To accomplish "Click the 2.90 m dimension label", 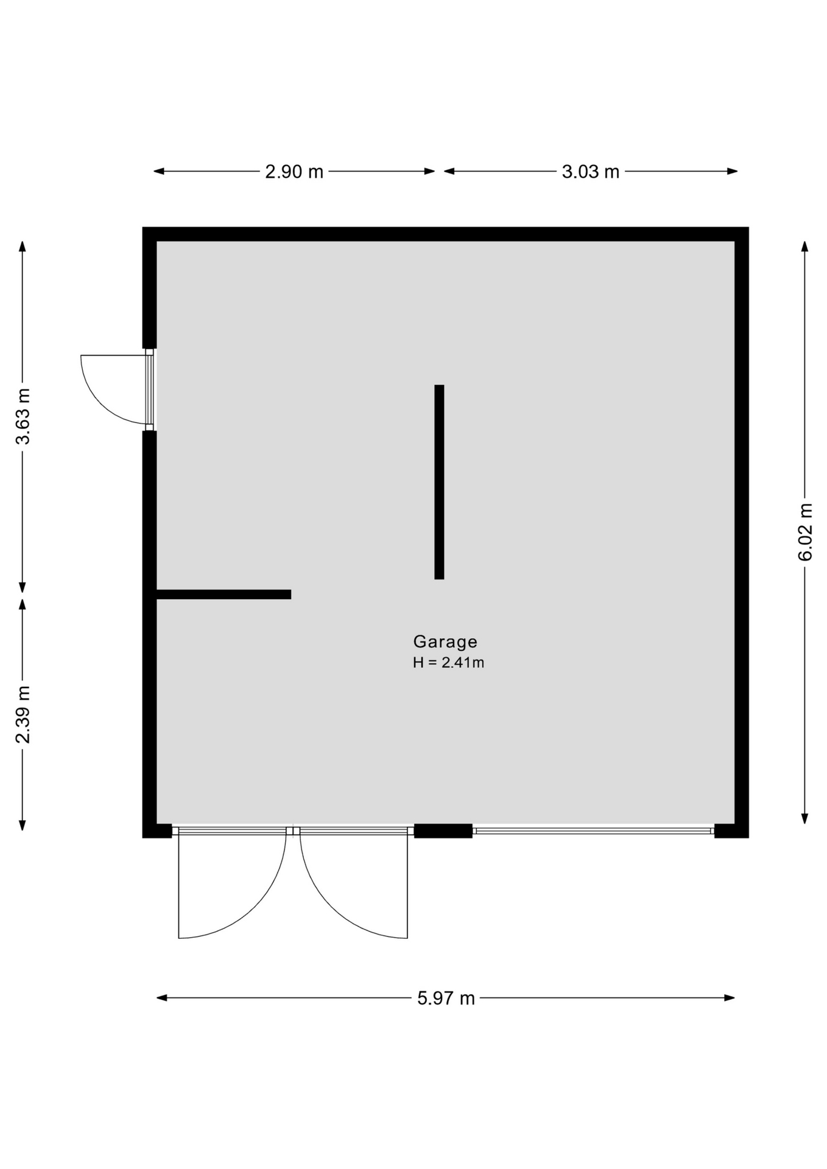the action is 294,172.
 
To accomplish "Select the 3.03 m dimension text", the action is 590,172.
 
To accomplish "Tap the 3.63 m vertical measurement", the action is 23,416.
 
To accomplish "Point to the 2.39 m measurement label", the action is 23,714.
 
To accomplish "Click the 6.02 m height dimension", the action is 805,532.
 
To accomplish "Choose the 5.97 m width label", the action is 446,999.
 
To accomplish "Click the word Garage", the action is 445,642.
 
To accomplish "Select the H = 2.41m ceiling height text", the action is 448,663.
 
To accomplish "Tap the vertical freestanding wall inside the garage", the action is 439,482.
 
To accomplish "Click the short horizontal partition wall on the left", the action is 223,594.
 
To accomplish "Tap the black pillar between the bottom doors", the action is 443,830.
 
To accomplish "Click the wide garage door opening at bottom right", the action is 594,830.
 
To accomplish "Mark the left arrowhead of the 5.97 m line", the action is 162,998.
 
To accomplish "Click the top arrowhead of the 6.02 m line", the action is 804,247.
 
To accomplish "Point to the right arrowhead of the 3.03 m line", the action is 732,171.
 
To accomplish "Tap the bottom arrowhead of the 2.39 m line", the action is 23,825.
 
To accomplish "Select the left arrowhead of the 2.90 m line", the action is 159,171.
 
